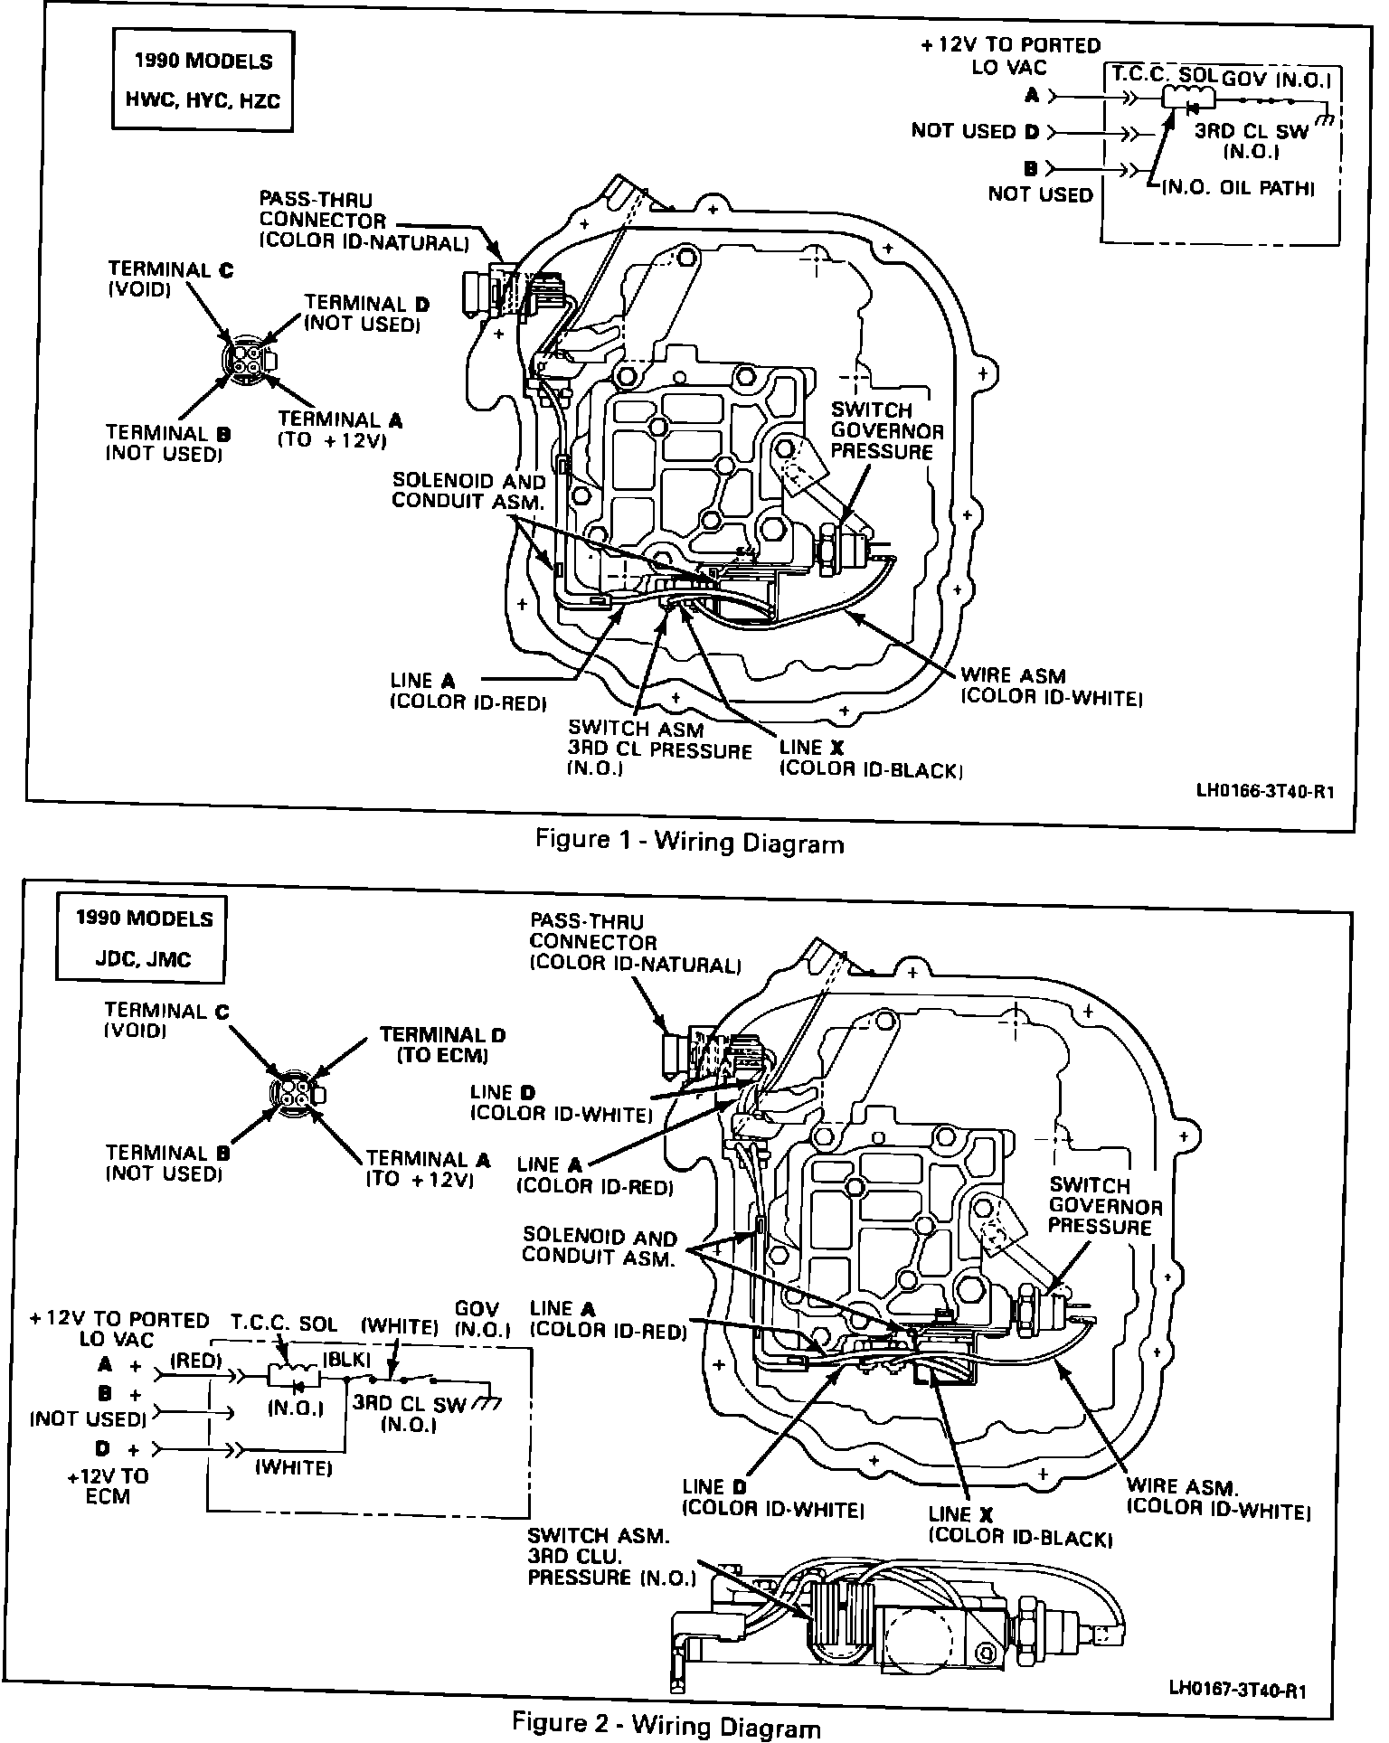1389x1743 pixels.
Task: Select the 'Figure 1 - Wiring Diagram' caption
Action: click(x=689, y=842)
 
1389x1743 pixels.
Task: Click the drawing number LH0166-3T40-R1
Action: click(x=1264, y=790)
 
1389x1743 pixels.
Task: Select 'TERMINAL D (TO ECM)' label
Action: click(x=442, y=1044)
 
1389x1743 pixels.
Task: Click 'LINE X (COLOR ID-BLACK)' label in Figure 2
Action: click(x=1020, y=1525)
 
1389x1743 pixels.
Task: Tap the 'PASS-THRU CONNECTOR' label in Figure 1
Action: click(x=364, y=221)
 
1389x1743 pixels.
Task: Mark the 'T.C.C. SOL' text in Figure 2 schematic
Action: click(x=284, y=1324)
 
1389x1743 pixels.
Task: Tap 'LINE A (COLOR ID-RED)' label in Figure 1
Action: click(x=468, y=691)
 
